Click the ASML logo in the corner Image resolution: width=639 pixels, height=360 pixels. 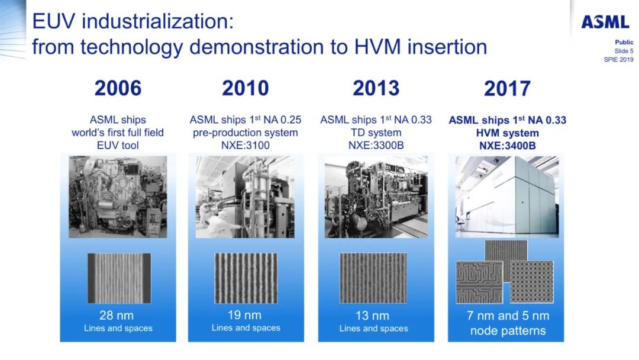(605, 22)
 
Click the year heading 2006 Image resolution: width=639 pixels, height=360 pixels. (118, 88)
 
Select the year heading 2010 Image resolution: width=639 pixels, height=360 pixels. (245, 88)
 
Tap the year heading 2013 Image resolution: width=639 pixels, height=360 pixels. (376, 88)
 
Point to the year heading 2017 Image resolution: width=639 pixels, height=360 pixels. (506, 89)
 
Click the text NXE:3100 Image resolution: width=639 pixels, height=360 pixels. (246, 145)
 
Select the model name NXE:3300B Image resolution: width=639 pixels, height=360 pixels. (376, 145)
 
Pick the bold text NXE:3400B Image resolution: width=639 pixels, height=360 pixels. (507, 146)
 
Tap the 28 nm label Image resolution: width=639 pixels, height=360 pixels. (118, 316)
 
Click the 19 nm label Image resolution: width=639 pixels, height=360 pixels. (245, 315)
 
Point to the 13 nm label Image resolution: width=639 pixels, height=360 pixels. (373, 316)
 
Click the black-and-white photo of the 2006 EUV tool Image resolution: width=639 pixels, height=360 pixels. (118, 197)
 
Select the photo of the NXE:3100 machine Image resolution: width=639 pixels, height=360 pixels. (245, 197)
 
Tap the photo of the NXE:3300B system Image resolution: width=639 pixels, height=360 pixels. (376, 197)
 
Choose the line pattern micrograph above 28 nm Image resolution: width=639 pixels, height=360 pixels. (118, 278)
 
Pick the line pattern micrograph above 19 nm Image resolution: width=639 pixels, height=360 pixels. (246, 278)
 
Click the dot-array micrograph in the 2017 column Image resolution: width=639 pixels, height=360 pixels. (531, 281)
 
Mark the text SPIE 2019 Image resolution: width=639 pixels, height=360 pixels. (618, 60)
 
